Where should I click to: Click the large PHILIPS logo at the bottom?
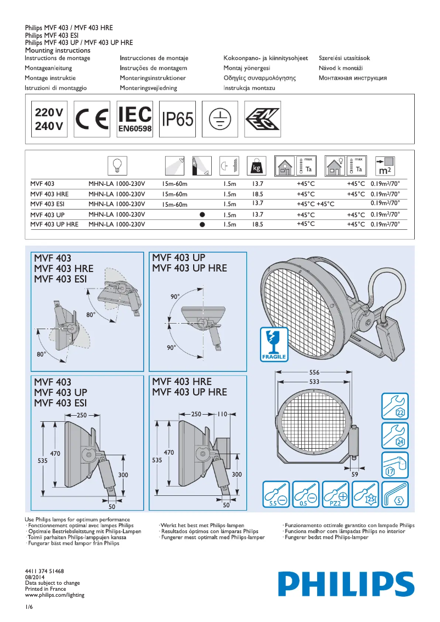click(346, 583)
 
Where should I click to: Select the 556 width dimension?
click(314, 372)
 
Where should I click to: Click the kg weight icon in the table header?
click(256, 165)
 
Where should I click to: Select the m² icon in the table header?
click(385, 165)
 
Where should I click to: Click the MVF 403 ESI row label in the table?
click(49, 204)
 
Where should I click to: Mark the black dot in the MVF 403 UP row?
click(202, 214)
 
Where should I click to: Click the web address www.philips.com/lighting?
click(55, 595)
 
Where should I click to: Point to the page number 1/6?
click(29, 607)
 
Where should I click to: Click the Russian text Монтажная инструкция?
click(352, 78)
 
